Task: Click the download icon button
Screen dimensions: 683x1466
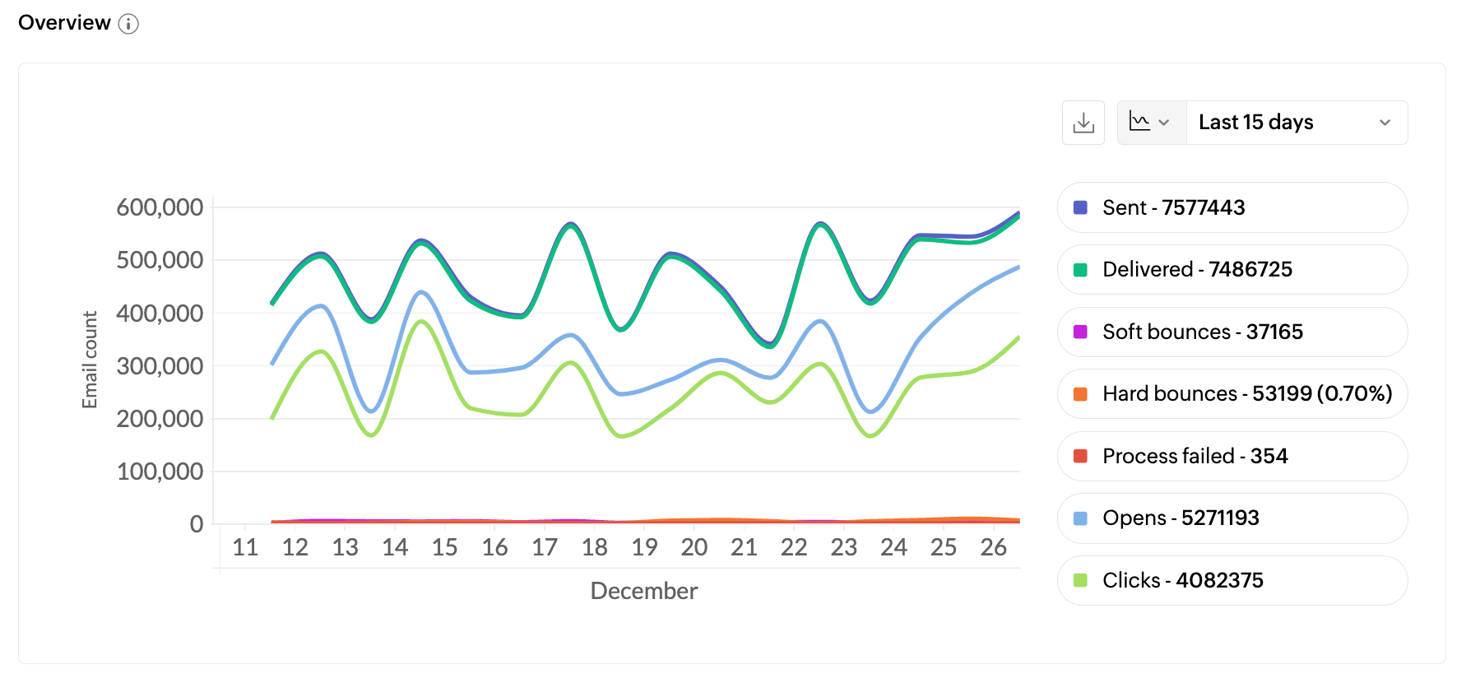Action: click(1083, 123)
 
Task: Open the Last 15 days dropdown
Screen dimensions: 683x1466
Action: click(1296, 123)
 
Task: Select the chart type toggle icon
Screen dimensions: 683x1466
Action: click(1150, 123)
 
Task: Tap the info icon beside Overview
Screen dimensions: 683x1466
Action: click(128, 24)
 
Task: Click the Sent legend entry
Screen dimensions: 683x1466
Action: click(1232, 207)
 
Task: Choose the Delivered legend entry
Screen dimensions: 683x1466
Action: click(1232, 269)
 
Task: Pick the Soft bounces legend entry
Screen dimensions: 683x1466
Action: click(1232, 332)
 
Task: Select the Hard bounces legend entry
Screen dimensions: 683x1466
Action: click(1232, 393)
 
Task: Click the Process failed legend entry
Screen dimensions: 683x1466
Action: click(1232, 456)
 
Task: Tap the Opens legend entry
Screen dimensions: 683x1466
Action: click(1232, 518)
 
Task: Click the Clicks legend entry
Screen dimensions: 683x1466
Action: click(1232, 580)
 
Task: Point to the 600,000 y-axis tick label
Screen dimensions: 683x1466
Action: click(160, 207)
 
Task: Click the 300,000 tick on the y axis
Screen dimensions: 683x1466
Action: click(160, 366)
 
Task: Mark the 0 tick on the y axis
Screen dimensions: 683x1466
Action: click(197, 524)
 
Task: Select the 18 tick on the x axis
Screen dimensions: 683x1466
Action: click(594, 547)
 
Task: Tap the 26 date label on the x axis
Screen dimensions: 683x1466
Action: click(993, 547)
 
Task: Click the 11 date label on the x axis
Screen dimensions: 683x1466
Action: click(245, 547)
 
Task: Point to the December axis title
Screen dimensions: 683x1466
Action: click(643, 591)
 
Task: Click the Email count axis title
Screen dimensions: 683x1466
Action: click(90, 360)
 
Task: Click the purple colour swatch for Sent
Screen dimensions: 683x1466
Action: click(1080, 207)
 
